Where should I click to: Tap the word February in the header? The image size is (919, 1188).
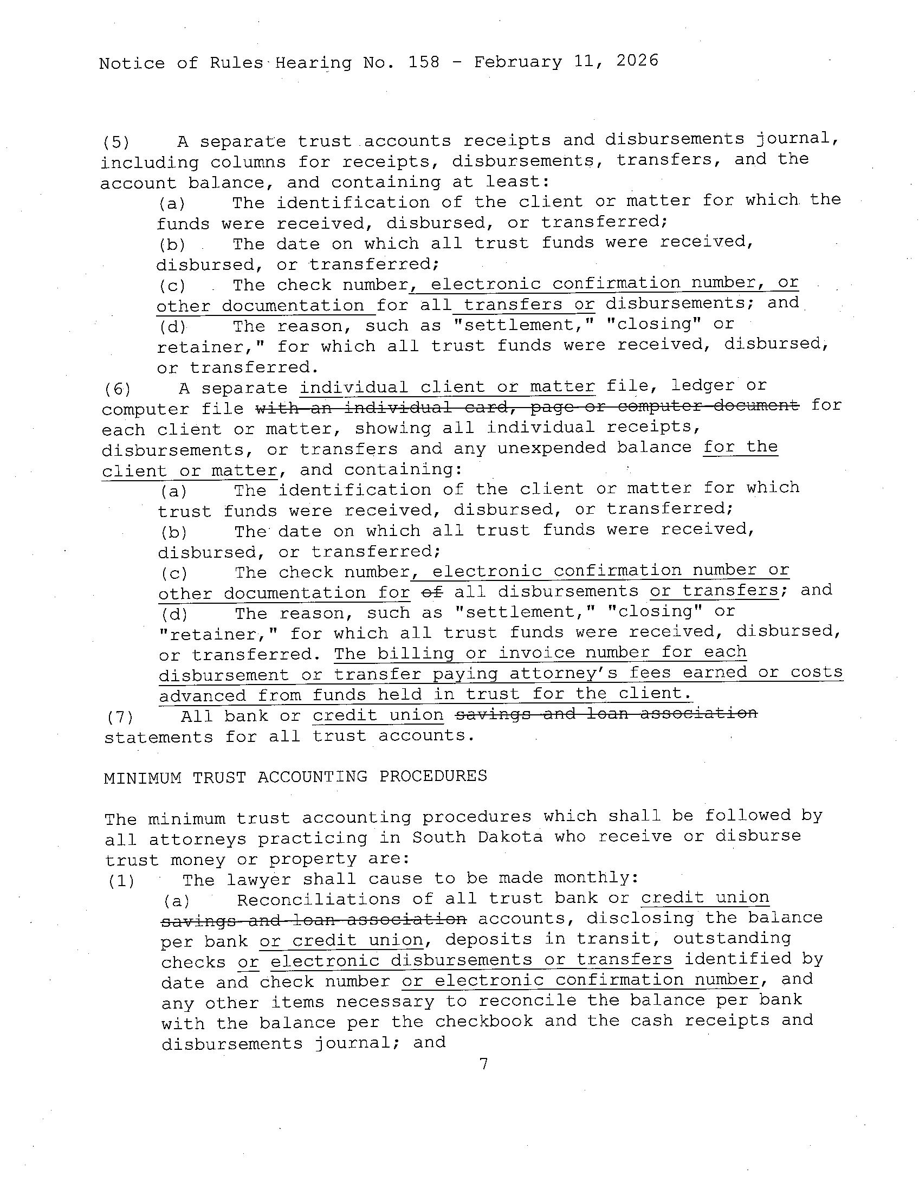517,61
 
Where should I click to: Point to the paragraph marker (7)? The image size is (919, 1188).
120,716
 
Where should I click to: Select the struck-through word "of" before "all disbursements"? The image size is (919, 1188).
432,592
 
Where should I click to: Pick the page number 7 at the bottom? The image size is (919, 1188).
483,1063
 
